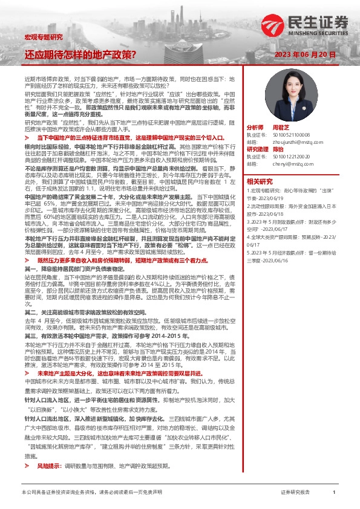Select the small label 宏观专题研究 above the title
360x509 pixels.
pyautogui.click(x=43, y=37)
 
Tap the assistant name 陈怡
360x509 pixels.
pyautogui.click(x=278, y=149)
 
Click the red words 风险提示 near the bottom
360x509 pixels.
pyautogui.click(x=48, y=466)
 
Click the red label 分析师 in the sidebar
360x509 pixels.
pyautogui.click(x=255, y=128)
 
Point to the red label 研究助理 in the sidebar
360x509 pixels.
pyautogui.click(x=257, y=149)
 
